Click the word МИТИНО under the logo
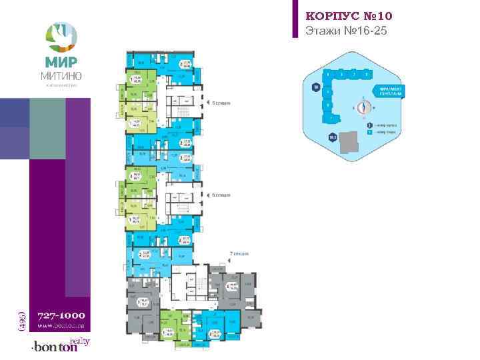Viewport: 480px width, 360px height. pyautogui.click(x=60, y=76)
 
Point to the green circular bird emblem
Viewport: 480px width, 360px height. pyautogui.click(x=60, y=35)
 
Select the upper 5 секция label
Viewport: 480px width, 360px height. pyautogui.click(x=221, y=103)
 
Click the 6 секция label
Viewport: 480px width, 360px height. pyautogui.click(x=221, y=195)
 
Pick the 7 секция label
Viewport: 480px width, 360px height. pyautogui.click(x=239, y=254)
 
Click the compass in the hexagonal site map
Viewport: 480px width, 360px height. pyautogui.click(x=363, y=107)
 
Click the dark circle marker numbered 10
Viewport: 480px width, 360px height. pyautogui.click(x=315, y=87)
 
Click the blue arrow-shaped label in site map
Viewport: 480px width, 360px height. pyautogui.click(x=390, y=91)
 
